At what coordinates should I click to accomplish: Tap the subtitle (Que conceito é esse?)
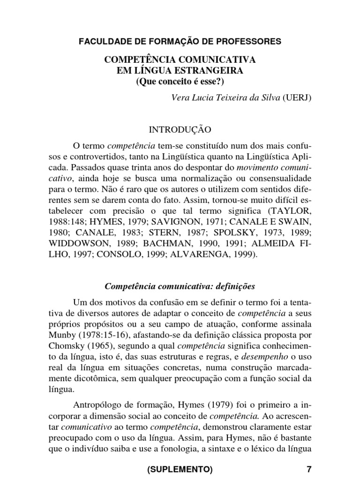180,81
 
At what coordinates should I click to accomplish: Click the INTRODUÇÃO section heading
180,128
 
